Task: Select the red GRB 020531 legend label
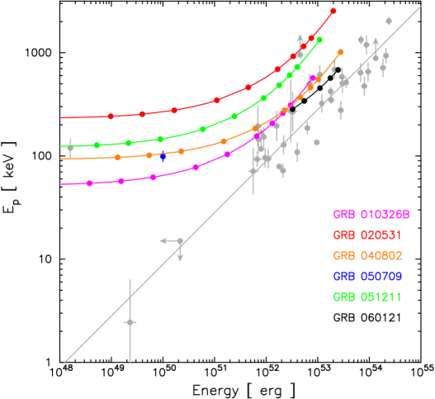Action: (366, 235)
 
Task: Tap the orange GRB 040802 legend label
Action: (367, 255)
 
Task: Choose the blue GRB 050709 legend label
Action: (367, 276)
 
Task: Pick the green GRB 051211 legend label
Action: (366, 297)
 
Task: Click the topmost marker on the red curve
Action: (333, 11)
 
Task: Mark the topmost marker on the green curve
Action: (319, 39)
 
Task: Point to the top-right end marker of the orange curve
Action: (340, 52)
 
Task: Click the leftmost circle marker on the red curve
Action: (111, 116)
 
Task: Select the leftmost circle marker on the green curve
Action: (97, 145)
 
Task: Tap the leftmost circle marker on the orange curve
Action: (117, 157)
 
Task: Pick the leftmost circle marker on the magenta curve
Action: (89, 183)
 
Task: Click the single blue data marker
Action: (163, 154)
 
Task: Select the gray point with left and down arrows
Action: (180, 240)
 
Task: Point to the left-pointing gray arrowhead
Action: (163, 240)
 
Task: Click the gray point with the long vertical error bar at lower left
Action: (130, 321)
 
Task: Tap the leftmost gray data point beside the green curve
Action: (70, 148)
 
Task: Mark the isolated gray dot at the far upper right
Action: (389, 21)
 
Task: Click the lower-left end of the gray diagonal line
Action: (65, 361)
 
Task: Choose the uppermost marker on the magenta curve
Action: (313, 78)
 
